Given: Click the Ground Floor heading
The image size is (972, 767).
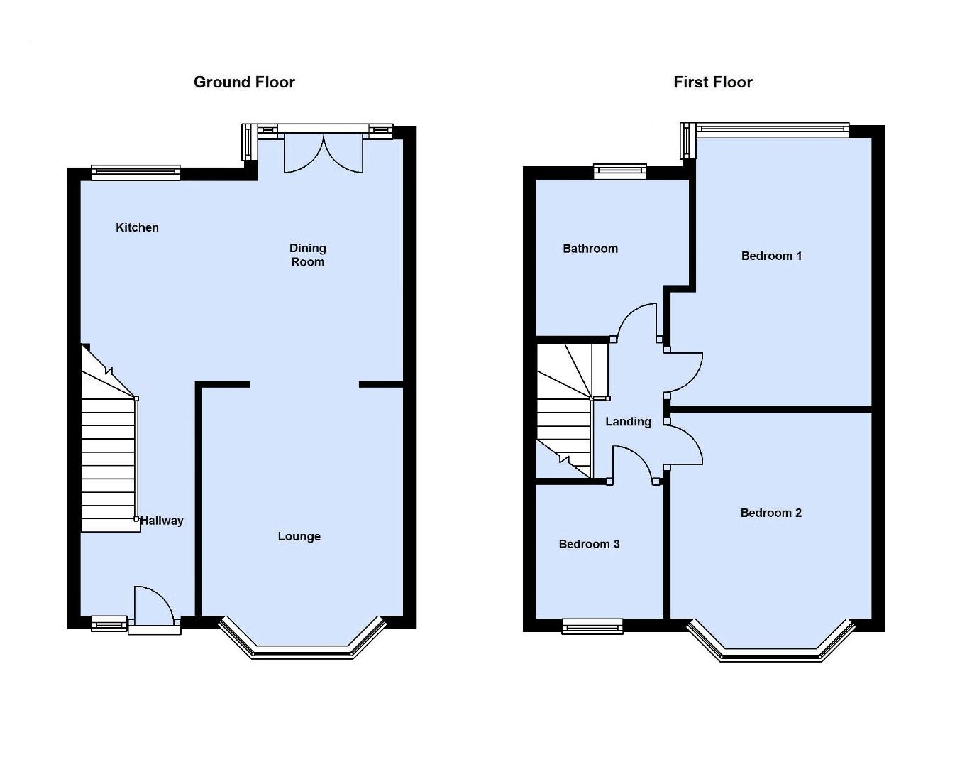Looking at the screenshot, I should coord(244,82).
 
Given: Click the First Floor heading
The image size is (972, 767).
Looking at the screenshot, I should coord(712,82).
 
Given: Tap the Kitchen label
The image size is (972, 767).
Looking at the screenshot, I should coord(137,227).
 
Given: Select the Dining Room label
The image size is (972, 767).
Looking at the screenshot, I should coord(307,255).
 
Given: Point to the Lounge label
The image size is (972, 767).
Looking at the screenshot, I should coord(299,536).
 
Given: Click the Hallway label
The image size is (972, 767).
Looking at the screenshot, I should coord(162,521).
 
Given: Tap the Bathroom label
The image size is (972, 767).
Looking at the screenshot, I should coord(590,249).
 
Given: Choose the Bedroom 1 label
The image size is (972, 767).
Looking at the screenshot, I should coord(771,256).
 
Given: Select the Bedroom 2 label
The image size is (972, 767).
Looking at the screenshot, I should coord(771,513).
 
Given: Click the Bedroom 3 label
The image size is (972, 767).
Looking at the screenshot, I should coord(589,544).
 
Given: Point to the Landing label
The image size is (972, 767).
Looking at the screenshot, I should coord(628,422).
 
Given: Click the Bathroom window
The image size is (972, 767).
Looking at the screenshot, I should coord(620,170).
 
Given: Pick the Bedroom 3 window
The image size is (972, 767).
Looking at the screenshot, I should coord(592,626).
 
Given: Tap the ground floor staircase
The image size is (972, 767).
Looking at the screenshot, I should coord(108,455).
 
